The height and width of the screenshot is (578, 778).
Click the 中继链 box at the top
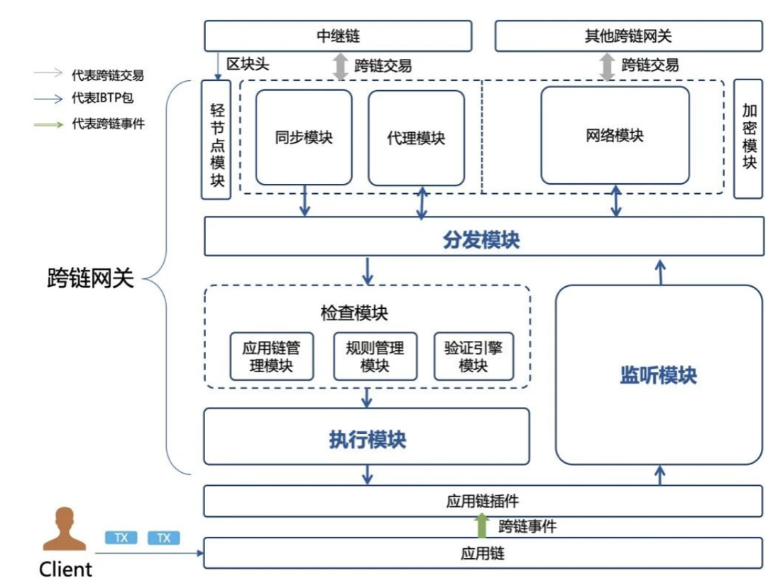338,36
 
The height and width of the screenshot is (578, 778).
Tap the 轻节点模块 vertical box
217,139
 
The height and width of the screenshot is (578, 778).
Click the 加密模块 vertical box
748,138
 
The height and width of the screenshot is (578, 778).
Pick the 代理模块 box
416,137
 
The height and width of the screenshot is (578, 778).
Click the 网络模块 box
615,135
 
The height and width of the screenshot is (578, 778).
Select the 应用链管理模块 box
272,356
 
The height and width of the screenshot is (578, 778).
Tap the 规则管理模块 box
375,356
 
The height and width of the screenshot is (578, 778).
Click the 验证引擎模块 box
473,356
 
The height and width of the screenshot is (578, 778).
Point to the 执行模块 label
367,440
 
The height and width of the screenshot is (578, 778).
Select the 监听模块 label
658,376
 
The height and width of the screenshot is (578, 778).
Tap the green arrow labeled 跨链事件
482,525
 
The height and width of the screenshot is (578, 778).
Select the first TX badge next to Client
121,538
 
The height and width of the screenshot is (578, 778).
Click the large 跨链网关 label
90,278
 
